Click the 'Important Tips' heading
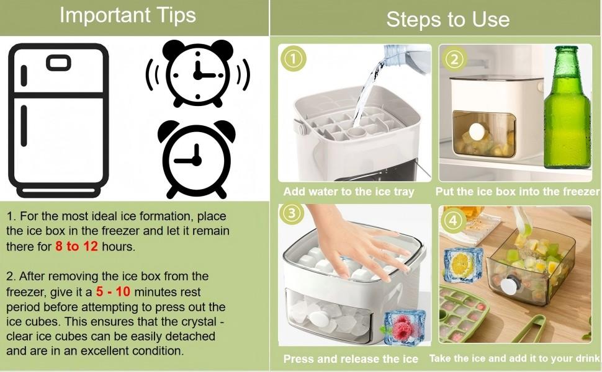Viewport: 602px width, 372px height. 127,15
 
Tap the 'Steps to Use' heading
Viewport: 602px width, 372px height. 447,19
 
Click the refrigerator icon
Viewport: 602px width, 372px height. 58,120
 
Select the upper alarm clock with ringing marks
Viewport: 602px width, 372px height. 198,74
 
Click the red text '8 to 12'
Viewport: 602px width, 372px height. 76,246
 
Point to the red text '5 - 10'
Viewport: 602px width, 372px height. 113,291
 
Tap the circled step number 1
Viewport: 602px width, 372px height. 294,59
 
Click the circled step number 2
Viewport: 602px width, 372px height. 454,60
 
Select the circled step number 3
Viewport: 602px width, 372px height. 292,213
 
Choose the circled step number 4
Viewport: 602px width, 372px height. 453,221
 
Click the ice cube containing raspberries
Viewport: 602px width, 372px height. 404,327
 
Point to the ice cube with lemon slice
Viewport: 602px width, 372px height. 463,265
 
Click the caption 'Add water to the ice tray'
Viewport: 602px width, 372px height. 349,192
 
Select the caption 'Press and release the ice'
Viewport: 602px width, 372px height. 351,359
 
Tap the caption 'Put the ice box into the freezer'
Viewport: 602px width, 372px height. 517,192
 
